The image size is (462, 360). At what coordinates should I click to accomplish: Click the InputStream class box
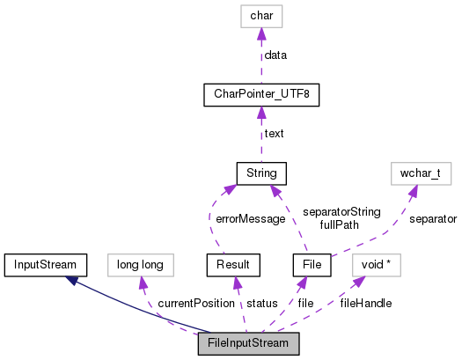tap(45, 263)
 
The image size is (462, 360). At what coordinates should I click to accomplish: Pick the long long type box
tap(140, 263)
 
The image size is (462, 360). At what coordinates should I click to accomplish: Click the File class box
tap(312, 263)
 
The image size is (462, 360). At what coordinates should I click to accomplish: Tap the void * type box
tap(376, 263)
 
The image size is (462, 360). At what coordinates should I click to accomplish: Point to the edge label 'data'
tap(275, 55)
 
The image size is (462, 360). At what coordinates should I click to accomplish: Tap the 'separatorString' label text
tap(340, 212)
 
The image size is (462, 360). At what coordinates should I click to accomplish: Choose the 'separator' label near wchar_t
tap(432, 217)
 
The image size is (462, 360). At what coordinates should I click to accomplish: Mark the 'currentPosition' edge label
tap(195, 303)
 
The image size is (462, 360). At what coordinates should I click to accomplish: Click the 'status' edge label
tap(261, 303)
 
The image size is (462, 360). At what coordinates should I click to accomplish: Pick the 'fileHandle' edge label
tap(365, 303)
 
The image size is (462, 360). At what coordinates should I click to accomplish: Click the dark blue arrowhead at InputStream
tap(76, 278)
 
